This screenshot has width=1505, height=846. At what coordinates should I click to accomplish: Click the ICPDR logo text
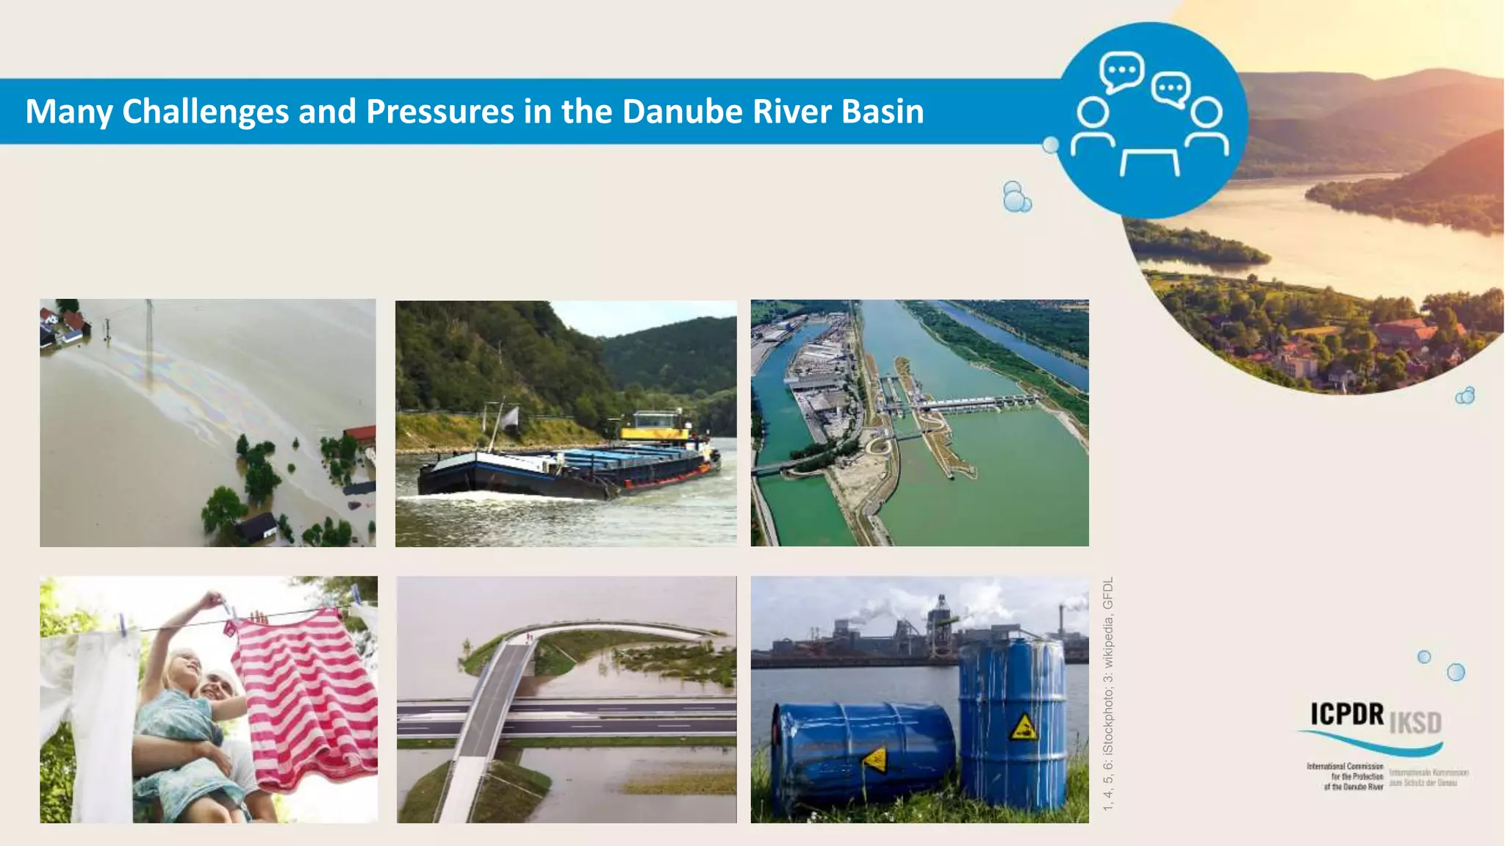(x=1347, y=714)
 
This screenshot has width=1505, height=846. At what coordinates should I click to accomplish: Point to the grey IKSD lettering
(x=1415, y=723)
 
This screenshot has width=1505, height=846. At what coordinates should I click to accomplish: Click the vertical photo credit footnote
(x=1108, y=694)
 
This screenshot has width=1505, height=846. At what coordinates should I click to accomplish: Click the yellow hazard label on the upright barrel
(x=1023, y=727)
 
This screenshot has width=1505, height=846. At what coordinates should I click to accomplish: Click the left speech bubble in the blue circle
(x=1121, y=71)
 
